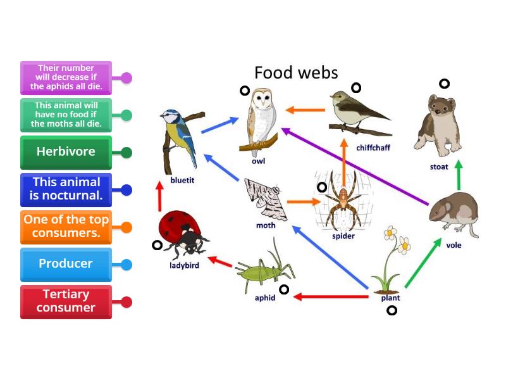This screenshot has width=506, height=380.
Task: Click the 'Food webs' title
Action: [x=296, y=72]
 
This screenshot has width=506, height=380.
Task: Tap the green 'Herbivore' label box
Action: [x=66, y=152]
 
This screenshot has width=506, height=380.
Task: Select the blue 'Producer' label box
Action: [x=66, y=264]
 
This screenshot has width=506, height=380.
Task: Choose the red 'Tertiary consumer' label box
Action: [x=66, y=301]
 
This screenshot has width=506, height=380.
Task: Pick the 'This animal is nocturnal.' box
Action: [x=66, y=189]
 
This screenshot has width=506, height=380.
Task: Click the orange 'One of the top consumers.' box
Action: [x=66, y=227]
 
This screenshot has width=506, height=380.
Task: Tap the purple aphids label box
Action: [x=66, y=77]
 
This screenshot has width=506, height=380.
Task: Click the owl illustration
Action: [x=259, y=120]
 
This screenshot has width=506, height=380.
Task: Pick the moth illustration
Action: [x=262, y=199]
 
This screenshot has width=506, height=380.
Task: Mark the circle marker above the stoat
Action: [x=445, y=84]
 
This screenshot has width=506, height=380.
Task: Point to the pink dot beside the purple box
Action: [x=126, y=78]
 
